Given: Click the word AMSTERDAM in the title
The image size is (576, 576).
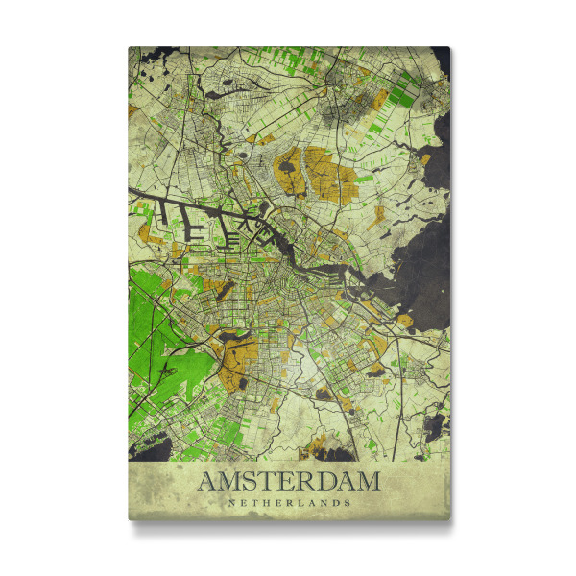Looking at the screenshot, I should pos(289,481).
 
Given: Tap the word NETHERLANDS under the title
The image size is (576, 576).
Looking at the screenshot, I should pos(289,501).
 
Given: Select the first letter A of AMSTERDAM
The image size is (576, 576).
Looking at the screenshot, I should pos(207,481).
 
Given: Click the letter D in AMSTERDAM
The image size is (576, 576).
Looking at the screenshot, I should pos(323,481).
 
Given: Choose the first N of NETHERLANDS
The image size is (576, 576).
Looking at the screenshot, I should pos(230,501).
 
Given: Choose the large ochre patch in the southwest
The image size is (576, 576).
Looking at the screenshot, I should pos(235,360).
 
